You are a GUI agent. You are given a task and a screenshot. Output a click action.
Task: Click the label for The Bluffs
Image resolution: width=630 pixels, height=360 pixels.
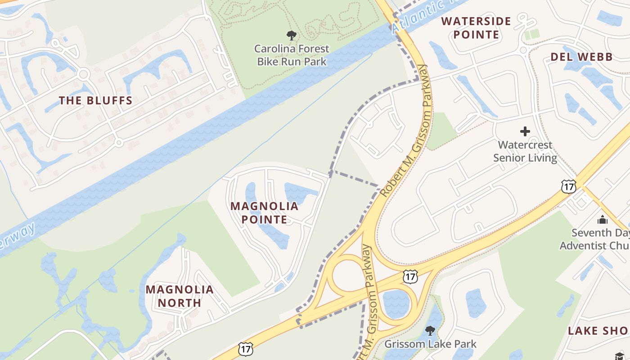(x=96, y=100)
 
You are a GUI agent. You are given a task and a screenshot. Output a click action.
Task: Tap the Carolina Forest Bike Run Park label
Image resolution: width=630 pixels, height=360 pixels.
(x=292, y=55)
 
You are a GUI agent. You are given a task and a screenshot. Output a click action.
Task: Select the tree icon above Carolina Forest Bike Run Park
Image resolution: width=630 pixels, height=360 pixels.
(x=292, y=35)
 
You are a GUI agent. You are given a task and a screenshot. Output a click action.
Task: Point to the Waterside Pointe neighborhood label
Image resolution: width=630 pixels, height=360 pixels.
(x=476, y=28)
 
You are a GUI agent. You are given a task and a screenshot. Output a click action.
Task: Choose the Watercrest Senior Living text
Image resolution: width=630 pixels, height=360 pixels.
(x=525, y=152)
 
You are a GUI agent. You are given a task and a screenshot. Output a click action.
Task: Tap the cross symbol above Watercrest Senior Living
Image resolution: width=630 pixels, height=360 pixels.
(x=525, y=131)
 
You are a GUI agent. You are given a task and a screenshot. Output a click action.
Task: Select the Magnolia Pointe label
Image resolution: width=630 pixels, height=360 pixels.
(x=264, y=213)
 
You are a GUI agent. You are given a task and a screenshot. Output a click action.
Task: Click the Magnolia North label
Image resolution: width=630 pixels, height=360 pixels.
(x=180, y=296)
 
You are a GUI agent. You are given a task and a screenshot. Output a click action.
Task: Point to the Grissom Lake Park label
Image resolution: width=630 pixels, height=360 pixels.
(x=430, y=344)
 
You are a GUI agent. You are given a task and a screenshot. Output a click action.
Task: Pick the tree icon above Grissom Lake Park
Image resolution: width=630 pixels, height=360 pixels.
(x=430, y=331)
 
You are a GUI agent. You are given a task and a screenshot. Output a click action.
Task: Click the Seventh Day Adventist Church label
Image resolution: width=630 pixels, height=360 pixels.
(x=594, y=239)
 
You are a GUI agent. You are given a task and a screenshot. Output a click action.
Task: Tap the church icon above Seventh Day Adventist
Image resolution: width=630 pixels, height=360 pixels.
(x=602, y=220)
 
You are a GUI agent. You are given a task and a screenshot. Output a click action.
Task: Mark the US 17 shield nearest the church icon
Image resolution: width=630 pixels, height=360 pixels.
(x=568, y=186)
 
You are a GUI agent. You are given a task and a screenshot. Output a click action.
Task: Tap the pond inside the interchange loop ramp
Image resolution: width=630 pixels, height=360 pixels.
(x=395, y=303)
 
